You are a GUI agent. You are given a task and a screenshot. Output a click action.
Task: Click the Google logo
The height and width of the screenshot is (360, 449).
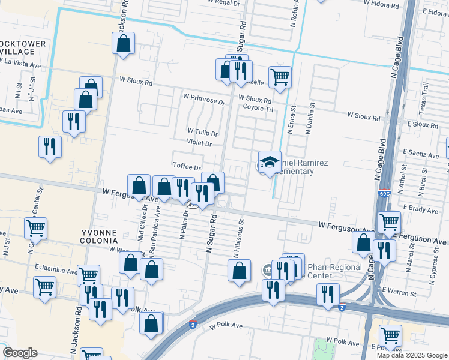[x=20, y=353]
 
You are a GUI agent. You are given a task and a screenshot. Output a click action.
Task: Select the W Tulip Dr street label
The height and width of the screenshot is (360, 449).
[x=202, y=132]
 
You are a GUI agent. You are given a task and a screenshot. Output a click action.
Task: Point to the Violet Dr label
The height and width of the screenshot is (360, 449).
[x=199, y=143]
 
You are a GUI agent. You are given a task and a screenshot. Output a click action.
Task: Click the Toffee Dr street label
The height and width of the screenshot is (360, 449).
[x=186, y=167]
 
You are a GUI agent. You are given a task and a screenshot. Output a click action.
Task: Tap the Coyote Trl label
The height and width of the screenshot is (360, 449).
[x=258, y=108]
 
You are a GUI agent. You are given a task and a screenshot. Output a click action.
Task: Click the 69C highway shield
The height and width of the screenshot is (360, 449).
[x=385, y=194]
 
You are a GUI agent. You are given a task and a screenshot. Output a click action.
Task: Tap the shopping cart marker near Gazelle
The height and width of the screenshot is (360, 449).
[x=280, y=77]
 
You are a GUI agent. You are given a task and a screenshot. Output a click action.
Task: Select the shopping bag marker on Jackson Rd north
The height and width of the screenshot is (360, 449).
[x=123, y=43]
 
